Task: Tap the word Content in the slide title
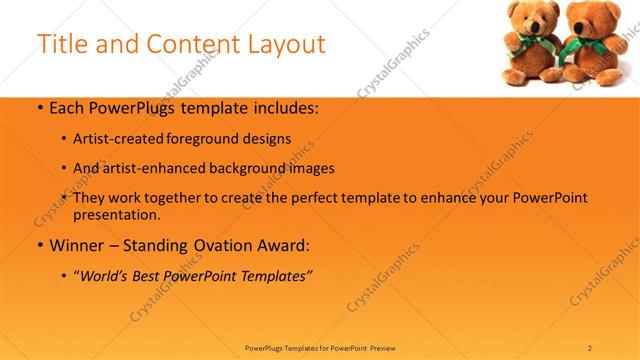186,45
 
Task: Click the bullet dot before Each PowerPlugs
39,109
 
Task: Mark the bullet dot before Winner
39,245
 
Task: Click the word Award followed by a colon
283,245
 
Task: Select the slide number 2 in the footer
590,347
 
